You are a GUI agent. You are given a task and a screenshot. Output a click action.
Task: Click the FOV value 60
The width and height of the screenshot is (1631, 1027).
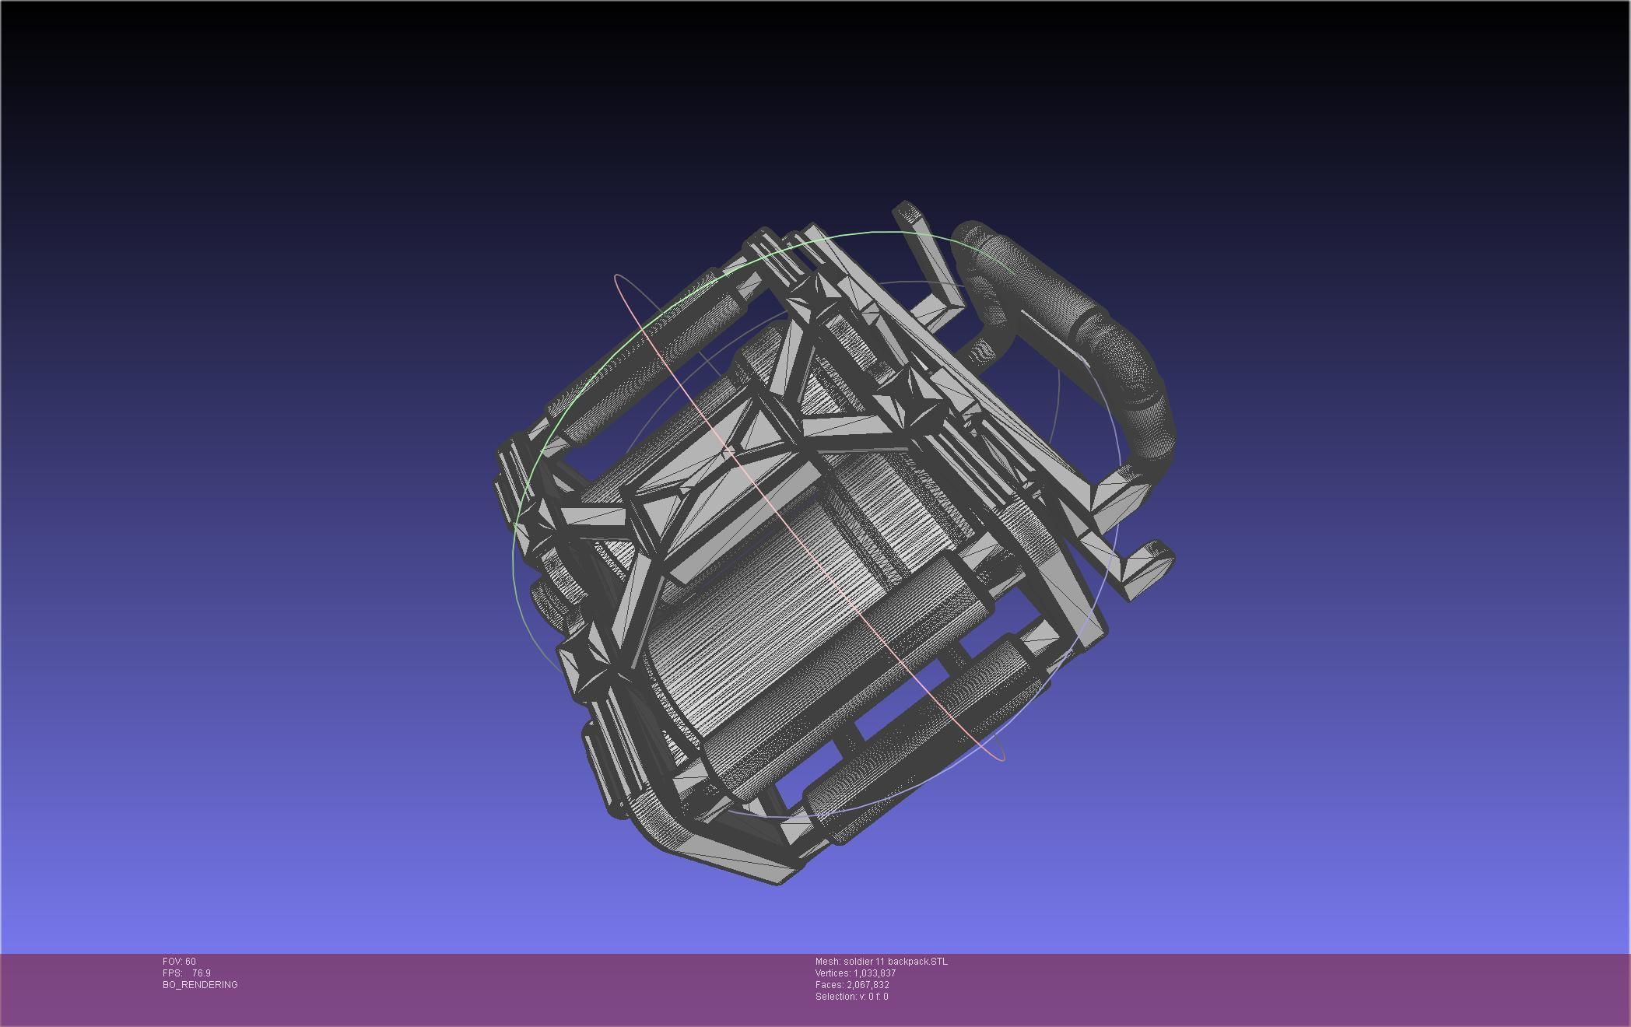(x=191, y=962)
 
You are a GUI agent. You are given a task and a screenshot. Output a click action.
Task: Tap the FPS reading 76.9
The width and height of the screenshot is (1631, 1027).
(x=201, y=973)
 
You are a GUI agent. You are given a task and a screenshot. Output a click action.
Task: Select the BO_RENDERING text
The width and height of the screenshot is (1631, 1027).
(x=200, y=985)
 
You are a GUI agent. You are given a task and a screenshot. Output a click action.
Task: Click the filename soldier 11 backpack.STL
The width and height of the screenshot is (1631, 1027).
(x=896, y=962)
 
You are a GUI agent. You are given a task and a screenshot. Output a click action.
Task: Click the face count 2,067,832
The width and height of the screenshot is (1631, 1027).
(x=868, y=985)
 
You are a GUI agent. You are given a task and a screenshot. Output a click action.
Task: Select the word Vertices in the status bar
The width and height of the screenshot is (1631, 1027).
(x=832, y=973)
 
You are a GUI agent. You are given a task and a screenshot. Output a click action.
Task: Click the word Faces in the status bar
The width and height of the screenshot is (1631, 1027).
(x=829, y=985)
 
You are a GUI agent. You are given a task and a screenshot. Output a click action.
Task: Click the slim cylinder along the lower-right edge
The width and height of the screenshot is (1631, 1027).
(x=918, y=739)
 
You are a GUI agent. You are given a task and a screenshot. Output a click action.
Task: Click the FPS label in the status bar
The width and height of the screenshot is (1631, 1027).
(x=171, y=973)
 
